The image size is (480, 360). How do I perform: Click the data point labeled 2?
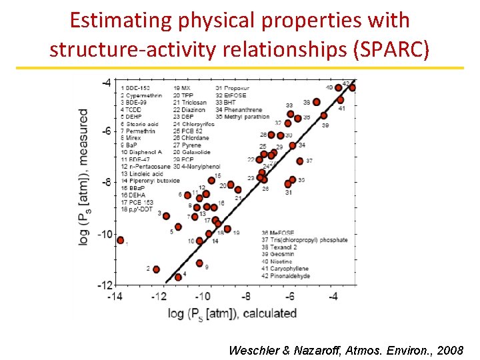[156, 269]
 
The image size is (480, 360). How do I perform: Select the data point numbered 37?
[300, 161]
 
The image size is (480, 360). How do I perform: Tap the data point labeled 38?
[316, 102]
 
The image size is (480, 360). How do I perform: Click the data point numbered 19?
[227, 229]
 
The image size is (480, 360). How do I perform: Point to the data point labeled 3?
[166, 216]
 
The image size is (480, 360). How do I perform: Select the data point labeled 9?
[199, 263]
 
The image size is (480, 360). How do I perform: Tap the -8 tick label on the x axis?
[246, 296]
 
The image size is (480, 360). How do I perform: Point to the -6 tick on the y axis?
[106, 131]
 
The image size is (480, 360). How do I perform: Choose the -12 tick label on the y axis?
[104, 285]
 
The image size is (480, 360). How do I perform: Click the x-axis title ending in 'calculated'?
[232, 313]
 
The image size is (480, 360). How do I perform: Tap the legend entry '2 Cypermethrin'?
[140, 95]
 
